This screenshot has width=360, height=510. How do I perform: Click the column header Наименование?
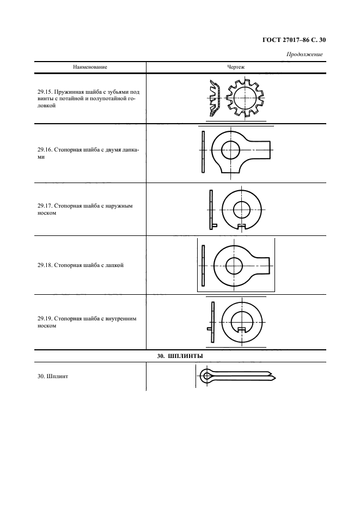pos(90,68)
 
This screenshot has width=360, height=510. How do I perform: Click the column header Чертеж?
pos(236,68)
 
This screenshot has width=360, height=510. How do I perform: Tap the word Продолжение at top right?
pos(304,54)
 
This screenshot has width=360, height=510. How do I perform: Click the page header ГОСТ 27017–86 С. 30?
pos(294,40)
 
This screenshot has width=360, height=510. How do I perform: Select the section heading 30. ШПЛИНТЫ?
pos(180,356)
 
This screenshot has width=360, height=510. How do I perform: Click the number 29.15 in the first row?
pos(44,92)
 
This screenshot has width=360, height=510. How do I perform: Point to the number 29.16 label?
pos(44,150)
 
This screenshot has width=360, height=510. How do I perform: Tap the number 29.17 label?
pos(44,206)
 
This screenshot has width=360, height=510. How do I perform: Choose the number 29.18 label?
pos(44,265)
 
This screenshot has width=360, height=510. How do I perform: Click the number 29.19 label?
pos(44,319)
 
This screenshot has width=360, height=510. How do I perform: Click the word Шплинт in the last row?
pos(58,377)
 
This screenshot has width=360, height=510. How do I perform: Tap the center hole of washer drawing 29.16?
pos(230,150)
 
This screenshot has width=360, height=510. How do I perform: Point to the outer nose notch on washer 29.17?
pos(242,226)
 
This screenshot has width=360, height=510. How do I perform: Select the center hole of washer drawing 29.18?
pos(234,266)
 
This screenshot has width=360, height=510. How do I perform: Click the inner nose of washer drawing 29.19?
pos(241,329)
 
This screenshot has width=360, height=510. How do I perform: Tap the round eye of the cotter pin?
pos(206,377)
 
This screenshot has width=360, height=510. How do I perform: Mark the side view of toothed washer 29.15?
pos(215,98)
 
